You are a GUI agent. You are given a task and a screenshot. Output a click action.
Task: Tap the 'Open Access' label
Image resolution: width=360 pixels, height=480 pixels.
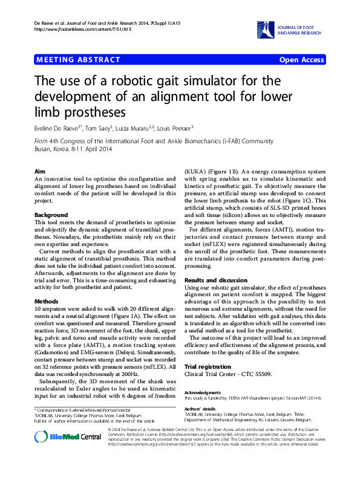point(301,59)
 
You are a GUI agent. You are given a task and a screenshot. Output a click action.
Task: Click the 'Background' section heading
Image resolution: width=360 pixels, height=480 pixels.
point(51,215)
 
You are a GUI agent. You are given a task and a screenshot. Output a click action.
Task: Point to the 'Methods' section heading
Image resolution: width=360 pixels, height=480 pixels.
point(46,300)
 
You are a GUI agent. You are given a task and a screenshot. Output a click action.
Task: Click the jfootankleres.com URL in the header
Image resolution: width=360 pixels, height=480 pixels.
point(75,29)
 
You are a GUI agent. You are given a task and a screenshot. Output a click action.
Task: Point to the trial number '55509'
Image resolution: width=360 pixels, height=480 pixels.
point(259,375)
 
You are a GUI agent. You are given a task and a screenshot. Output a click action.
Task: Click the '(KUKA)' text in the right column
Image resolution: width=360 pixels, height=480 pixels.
point(196,172)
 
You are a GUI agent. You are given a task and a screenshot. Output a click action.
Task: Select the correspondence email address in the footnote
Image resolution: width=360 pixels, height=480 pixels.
point(102,410)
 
